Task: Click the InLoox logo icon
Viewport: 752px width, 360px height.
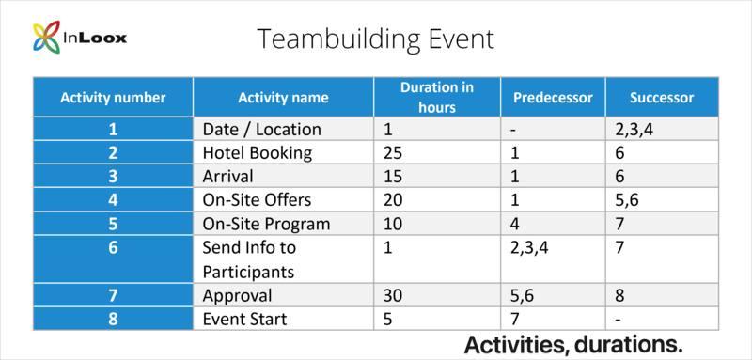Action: (x=46, y=38)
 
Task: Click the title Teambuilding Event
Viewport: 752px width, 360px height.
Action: (x=375, y=39)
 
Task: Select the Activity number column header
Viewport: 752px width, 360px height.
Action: (x=113, y=98)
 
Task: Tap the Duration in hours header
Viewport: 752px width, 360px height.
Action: (x=436, y=97)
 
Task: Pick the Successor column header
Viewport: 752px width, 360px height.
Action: (x=661, y=98)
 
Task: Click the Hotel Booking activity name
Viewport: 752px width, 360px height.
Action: (x=257, y=152)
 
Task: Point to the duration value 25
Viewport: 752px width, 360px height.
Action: (x=393, y=152)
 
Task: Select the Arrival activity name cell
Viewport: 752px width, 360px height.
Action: (x=228, y=176)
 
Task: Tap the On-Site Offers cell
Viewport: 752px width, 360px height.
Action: (x=257, y=199)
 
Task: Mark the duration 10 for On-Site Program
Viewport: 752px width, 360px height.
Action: (x=393, y=224)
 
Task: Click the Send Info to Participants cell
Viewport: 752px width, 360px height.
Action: (x=248, y=259)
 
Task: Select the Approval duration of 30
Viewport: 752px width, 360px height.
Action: (x=394, y=295)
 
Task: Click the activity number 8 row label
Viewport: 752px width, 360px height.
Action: (x=113, y=319)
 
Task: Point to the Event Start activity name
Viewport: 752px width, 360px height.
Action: (x=244, y=319)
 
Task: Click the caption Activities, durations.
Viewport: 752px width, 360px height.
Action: (x=573, y=344)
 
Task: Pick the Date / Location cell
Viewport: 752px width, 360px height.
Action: (x=261, y=129)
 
